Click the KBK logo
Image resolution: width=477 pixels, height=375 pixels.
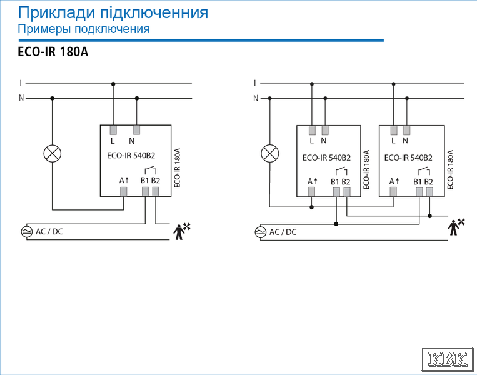(x=447, y=359)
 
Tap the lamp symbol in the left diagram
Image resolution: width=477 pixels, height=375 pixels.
(x=53, y=154)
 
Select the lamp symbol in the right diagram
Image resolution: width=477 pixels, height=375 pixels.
(x=270, y=153)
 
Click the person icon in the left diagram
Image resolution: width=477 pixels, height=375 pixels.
(x=182, y=231)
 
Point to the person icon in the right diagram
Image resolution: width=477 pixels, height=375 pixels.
(x=456, y=227)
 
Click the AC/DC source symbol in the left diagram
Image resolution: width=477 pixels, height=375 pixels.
(x=26, y=232)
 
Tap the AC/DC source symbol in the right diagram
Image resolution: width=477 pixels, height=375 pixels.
(x=261, y=232)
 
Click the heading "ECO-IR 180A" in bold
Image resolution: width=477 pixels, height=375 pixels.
(x=53, y=52)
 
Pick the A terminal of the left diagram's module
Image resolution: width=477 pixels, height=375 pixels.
(x=124, y=192)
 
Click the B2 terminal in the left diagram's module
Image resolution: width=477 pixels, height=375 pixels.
(x=156, y=192)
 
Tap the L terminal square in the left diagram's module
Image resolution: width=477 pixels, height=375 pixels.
(x=113, y=130)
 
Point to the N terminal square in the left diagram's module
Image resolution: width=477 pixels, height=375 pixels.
(x=136, y=130)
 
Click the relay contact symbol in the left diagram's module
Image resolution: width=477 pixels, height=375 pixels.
(x=150, y=170)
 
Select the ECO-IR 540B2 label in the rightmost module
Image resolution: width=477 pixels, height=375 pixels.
(x=408, y=158)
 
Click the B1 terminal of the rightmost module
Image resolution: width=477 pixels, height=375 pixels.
(x=419, y=192)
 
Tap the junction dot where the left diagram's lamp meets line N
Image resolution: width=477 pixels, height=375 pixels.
(x=53, y=98)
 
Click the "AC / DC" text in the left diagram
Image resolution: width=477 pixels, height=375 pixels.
(x=49, y=232)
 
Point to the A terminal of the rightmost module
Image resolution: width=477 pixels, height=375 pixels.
(x=393, y=191)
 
